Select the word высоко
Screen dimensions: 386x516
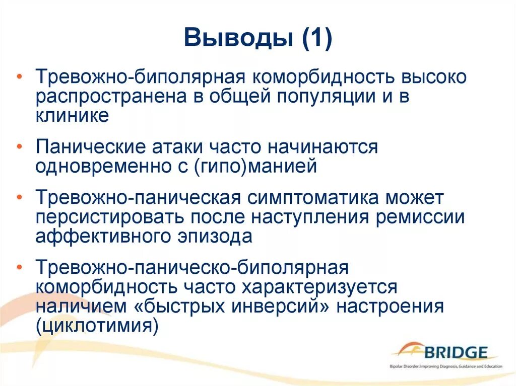pos(435,79)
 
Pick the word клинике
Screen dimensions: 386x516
pos(72,116)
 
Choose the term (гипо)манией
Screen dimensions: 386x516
pos(255,166)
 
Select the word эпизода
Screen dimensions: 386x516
pos(219,236)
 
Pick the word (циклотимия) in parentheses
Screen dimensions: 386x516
pos(97,326)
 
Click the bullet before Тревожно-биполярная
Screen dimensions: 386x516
pos(19,77)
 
